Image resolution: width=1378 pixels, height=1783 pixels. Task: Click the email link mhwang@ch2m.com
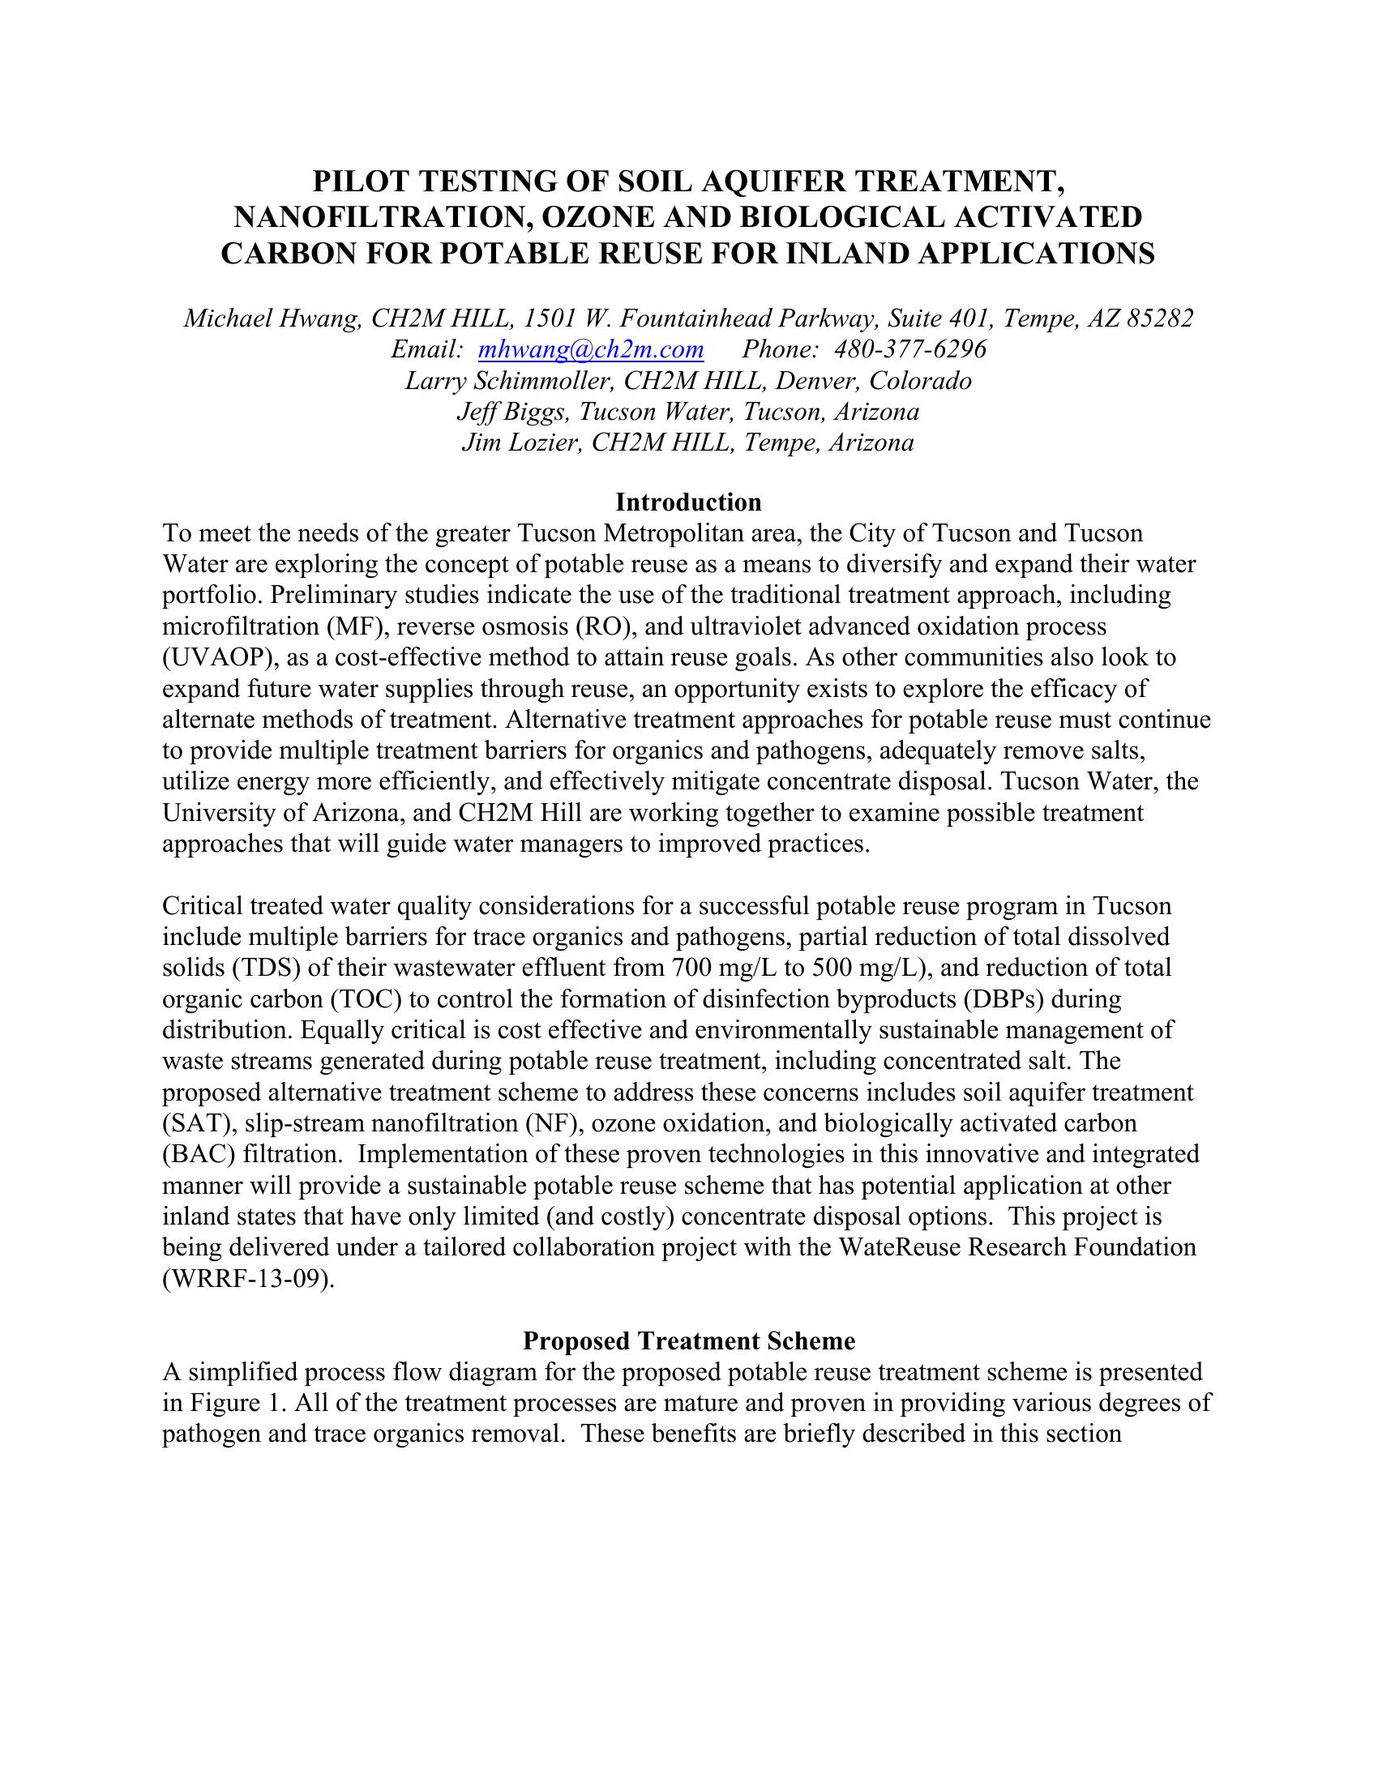590,349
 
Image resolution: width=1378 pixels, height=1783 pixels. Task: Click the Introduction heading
688,501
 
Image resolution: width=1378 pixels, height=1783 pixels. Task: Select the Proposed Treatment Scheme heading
688,1341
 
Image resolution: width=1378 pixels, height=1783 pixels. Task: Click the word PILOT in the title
356,181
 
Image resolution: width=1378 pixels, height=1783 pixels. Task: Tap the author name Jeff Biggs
513,412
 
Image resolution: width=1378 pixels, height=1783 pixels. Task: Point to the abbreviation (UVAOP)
211,658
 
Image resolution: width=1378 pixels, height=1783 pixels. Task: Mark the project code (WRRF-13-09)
248,1279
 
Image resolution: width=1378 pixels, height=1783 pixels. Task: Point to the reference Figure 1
236,1404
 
